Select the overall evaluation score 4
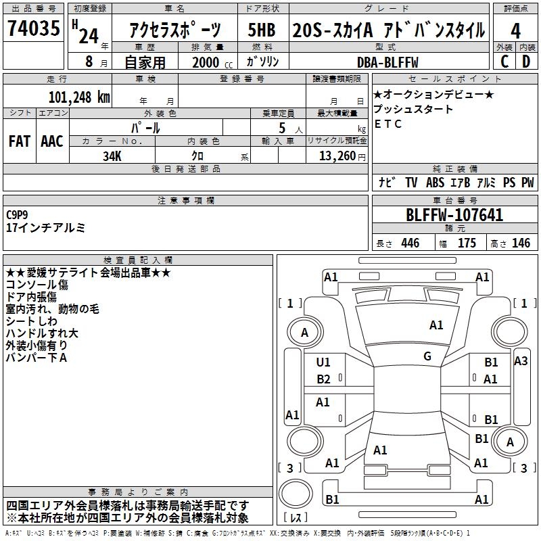515,31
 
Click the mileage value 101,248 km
79,96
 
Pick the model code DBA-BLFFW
387,62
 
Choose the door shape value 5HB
261,30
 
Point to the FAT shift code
19,141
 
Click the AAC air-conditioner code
52,141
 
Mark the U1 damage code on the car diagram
323,362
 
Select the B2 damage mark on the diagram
323,379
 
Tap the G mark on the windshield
427,356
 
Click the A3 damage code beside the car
520,360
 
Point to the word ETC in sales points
388,124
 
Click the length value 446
410,243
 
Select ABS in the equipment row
436,182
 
